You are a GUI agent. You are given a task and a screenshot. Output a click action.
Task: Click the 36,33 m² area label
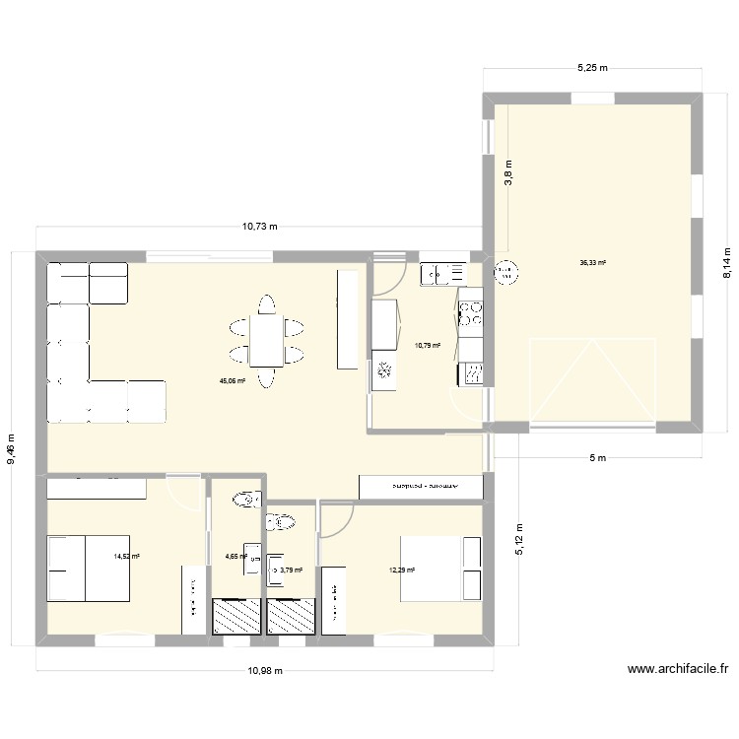(x=592, y=263)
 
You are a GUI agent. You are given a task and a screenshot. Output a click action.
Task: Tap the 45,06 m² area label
(x=233, y=380)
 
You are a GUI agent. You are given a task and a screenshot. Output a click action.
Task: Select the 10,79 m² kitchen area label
(x=427, y=346)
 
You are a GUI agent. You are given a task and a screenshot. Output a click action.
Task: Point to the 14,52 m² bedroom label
(x=127, y=557)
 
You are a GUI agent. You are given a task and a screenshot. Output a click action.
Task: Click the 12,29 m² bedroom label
(x=402, y=570)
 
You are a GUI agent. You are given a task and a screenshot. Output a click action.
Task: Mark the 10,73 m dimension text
(x=260, y=226)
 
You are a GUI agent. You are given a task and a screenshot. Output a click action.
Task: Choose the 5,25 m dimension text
(x=591, y=68)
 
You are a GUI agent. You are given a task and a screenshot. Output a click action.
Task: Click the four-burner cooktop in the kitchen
(x=471, y=313)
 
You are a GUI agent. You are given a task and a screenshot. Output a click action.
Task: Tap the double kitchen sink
(x=442, y=273)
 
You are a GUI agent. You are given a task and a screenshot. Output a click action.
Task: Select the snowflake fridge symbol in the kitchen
(x=384, y=371)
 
